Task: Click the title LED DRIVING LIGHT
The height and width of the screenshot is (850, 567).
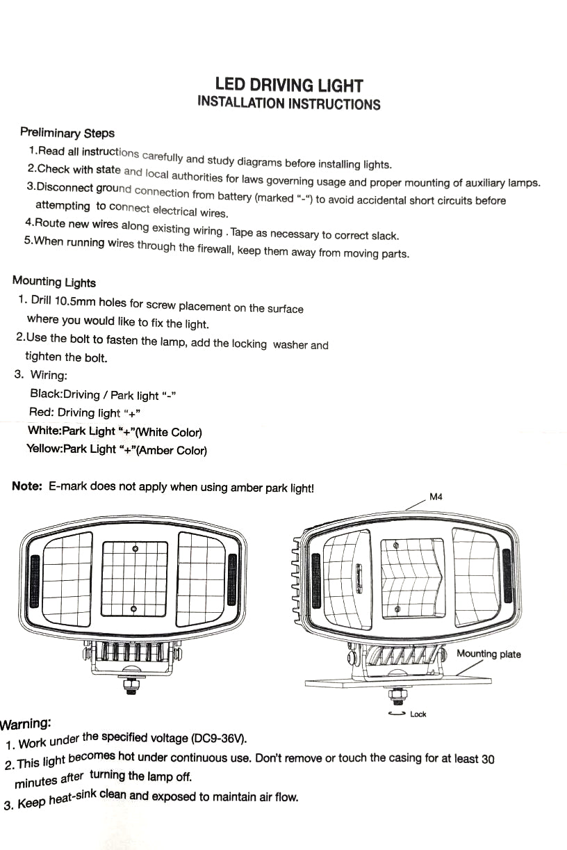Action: coord(289,86)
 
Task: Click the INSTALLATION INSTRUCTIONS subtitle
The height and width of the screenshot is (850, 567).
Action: coord(289,104)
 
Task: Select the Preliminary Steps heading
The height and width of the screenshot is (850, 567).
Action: coord(67,133)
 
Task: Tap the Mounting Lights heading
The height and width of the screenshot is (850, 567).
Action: coord(54,282)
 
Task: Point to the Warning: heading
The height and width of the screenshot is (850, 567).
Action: coord(26,723)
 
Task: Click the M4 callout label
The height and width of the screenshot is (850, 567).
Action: coord(436,497)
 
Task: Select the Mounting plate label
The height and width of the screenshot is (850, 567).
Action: coord(488,655)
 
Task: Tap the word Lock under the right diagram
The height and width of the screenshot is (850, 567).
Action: coord(418,714)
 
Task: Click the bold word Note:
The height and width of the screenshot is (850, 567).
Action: coord(28,486)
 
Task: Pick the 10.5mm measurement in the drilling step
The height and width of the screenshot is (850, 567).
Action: coord(76,302)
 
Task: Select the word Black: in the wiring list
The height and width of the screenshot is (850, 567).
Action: coord(46,394)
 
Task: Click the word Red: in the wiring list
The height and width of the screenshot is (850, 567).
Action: coord(41,412)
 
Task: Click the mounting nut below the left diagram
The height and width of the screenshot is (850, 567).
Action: coord(130,686)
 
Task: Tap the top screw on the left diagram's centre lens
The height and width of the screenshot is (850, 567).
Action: coord(135,549)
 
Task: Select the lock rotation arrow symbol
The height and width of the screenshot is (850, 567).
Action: coord(398,714)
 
